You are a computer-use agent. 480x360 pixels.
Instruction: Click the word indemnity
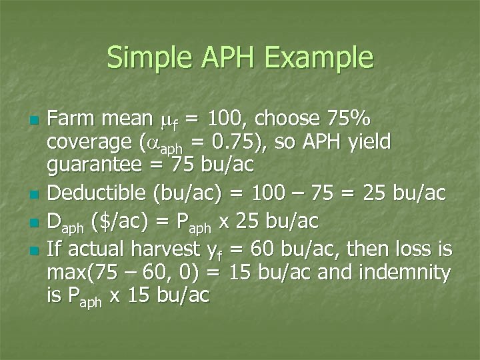tap(407, 271)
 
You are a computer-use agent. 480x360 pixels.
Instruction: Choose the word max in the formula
tap(65, 273)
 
